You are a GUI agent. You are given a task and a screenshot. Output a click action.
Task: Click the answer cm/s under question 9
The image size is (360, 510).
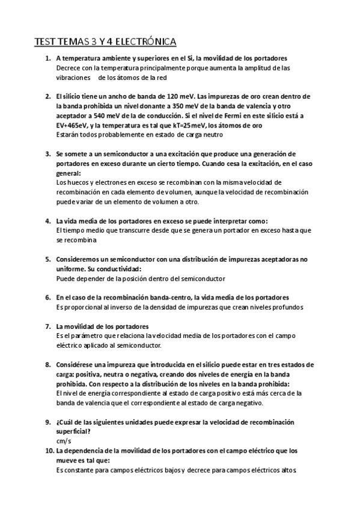point(63,440)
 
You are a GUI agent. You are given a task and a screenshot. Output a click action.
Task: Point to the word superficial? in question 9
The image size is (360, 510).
point(73,431)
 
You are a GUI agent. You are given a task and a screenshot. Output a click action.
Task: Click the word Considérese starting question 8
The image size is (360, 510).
point(78,364)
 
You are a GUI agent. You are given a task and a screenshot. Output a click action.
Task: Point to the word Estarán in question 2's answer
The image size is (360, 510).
point(67,135)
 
